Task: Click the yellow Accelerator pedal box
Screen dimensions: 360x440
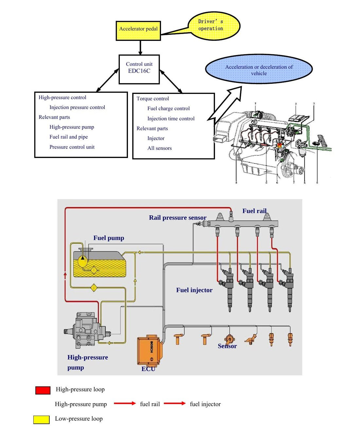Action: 138,31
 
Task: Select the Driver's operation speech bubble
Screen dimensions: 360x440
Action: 214,26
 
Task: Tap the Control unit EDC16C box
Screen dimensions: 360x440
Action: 139,69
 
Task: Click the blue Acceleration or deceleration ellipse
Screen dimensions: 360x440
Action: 259,69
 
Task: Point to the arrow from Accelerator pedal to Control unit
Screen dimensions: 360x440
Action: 140,48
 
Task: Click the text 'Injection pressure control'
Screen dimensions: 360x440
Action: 77,107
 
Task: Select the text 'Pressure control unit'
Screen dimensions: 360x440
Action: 72,147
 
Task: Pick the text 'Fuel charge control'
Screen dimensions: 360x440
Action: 169,109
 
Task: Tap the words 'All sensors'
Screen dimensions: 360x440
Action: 159,148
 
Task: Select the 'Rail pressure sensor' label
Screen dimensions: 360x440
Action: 178,218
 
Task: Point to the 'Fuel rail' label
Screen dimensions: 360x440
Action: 254,211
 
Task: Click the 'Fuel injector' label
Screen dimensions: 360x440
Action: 194,290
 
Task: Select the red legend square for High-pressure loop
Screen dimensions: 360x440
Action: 43,390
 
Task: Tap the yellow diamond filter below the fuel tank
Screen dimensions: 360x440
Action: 94,288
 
